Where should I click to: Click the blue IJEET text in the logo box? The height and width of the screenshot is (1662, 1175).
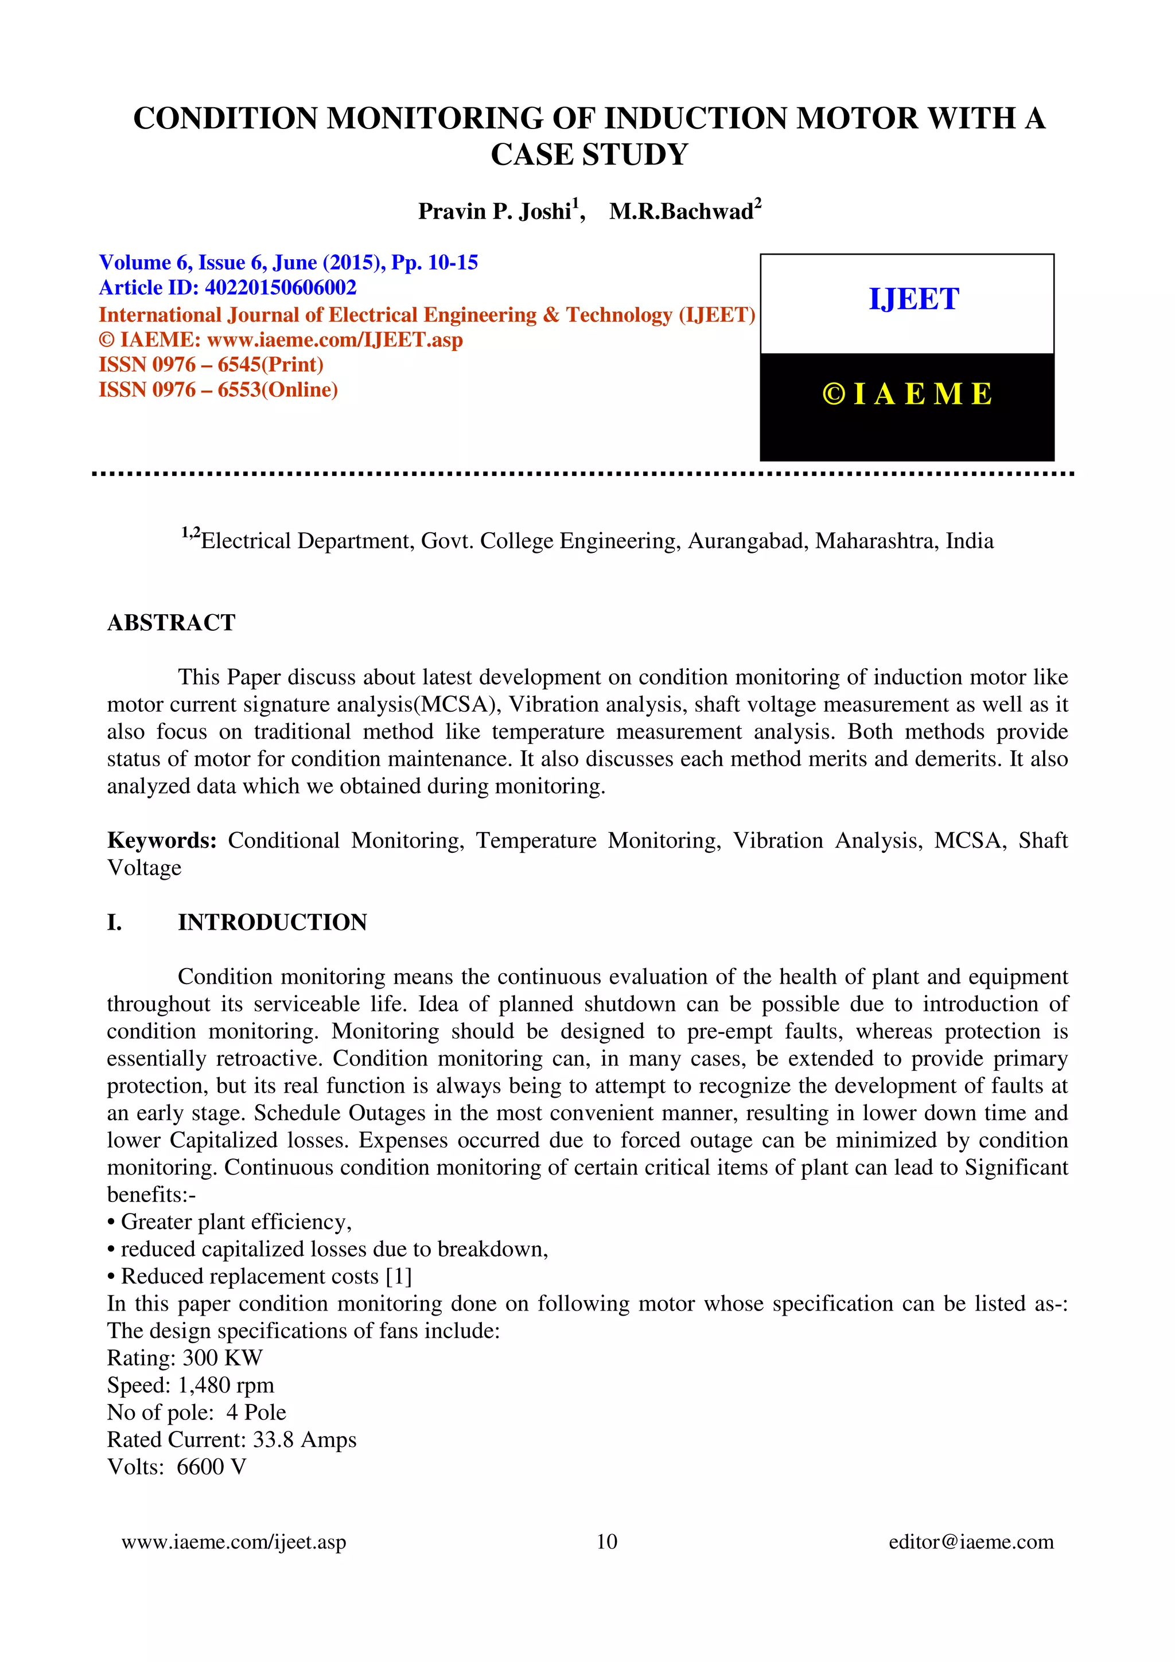[x=913, y=299]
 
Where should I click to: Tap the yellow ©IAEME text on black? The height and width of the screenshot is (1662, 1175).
[x=907, y=394]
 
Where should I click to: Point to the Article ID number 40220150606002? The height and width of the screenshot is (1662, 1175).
[x=281, y=287]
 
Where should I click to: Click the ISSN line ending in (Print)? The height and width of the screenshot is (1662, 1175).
[x=211, y=364]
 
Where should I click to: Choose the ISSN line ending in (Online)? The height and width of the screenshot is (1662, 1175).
[x=218, y=389]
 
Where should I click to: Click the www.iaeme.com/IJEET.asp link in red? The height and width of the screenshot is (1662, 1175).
[x=334, y=340]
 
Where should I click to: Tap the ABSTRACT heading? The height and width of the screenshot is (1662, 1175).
[x=171, y=622]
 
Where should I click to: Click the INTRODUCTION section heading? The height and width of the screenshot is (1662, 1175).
[x=272, y=922]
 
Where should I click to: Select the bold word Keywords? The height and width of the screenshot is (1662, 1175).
[x=161, y=840]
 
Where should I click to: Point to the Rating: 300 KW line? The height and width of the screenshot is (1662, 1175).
[x=185, y=1357]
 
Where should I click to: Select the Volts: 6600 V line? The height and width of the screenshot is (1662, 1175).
[x=177, y=1466]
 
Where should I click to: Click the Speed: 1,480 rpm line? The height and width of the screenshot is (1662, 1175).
[x=190, y=1385]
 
